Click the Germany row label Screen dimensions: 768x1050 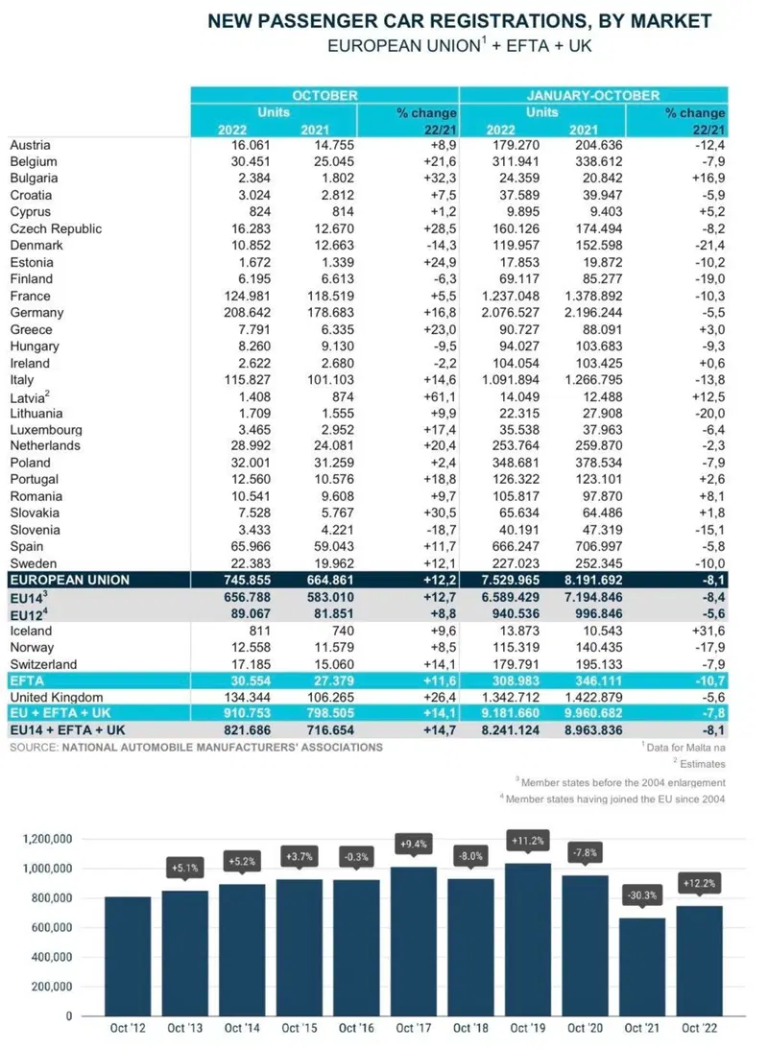pyautogui.click(x=36, y=313)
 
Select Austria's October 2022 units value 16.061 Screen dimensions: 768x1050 pyautogui.click(x=252, y=145)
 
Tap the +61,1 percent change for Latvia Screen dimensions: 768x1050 pyautogui.click(x=440, y=396)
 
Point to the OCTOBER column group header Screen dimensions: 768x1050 pyautogui.click(x=324, y=95)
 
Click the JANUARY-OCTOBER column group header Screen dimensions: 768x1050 pyautogui.click(x=593, y=95)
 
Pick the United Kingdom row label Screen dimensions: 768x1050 pyautogui.click(x=57, y=697)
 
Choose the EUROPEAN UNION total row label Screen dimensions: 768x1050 pyautogui.click(x=70, y=580)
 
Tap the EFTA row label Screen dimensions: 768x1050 pyautogui.click(x=27, y=681)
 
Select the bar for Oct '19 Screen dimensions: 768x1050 pyautogui.click(x=528, y=940)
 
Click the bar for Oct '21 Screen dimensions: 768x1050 pyautogui.click(x=643, y=966)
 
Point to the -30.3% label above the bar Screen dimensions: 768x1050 pyautogui.click(x=643, y=895)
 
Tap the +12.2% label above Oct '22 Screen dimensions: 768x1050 pyautogui.click(x=700, y=883)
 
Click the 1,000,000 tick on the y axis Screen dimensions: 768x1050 pyautogui.click(x=48, y=869)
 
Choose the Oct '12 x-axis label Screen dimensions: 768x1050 pyautogui.click(x=128, y=1028)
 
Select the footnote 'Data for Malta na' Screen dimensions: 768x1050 pyautogui.click(x=684, y=747)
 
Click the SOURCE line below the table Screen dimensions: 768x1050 pyautogui.click(x=196, y=747)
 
